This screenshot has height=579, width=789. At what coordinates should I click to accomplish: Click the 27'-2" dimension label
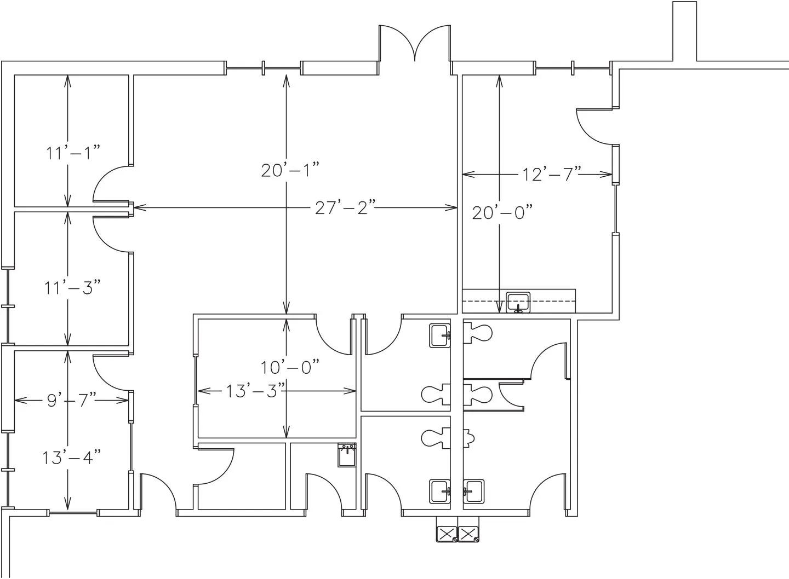pos(345,207)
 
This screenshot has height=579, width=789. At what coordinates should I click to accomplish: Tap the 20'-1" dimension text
pos(290,170)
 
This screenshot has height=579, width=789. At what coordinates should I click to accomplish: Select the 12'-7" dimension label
pos(551,174)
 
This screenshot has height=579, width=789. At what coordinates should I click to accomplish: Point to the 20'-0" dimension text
pos(502,212)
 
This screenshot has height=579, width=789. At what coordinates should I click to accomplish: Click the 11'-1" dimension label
pos(73,153)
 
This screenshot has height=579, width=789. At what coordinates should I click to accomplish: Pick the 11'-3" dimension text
pos(72,288)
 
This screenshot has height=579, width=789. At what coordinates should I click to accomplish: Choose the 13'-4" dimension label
pos(71,458)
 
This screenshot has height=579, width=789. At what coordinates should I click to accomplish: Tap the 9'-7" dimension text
pos(71,400)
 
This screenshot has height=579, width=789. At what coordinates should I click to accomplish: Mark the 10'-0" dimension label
pos(290,368)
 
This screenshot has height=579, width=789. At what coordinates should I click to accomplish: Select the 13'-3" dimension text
pos(255,391)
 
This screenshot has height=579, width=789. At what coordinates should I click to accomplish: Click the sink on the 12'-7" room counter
pos(518,302)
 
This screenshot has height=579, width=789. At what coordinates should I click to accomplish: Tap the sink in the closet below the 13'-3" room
pos(347,455)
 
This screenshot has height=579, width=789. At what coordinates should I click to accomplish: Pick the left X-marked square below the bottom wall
pos(447,534)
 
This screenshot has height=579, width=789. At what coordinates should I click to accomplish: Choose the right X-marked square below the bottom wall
pos(468,534)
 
